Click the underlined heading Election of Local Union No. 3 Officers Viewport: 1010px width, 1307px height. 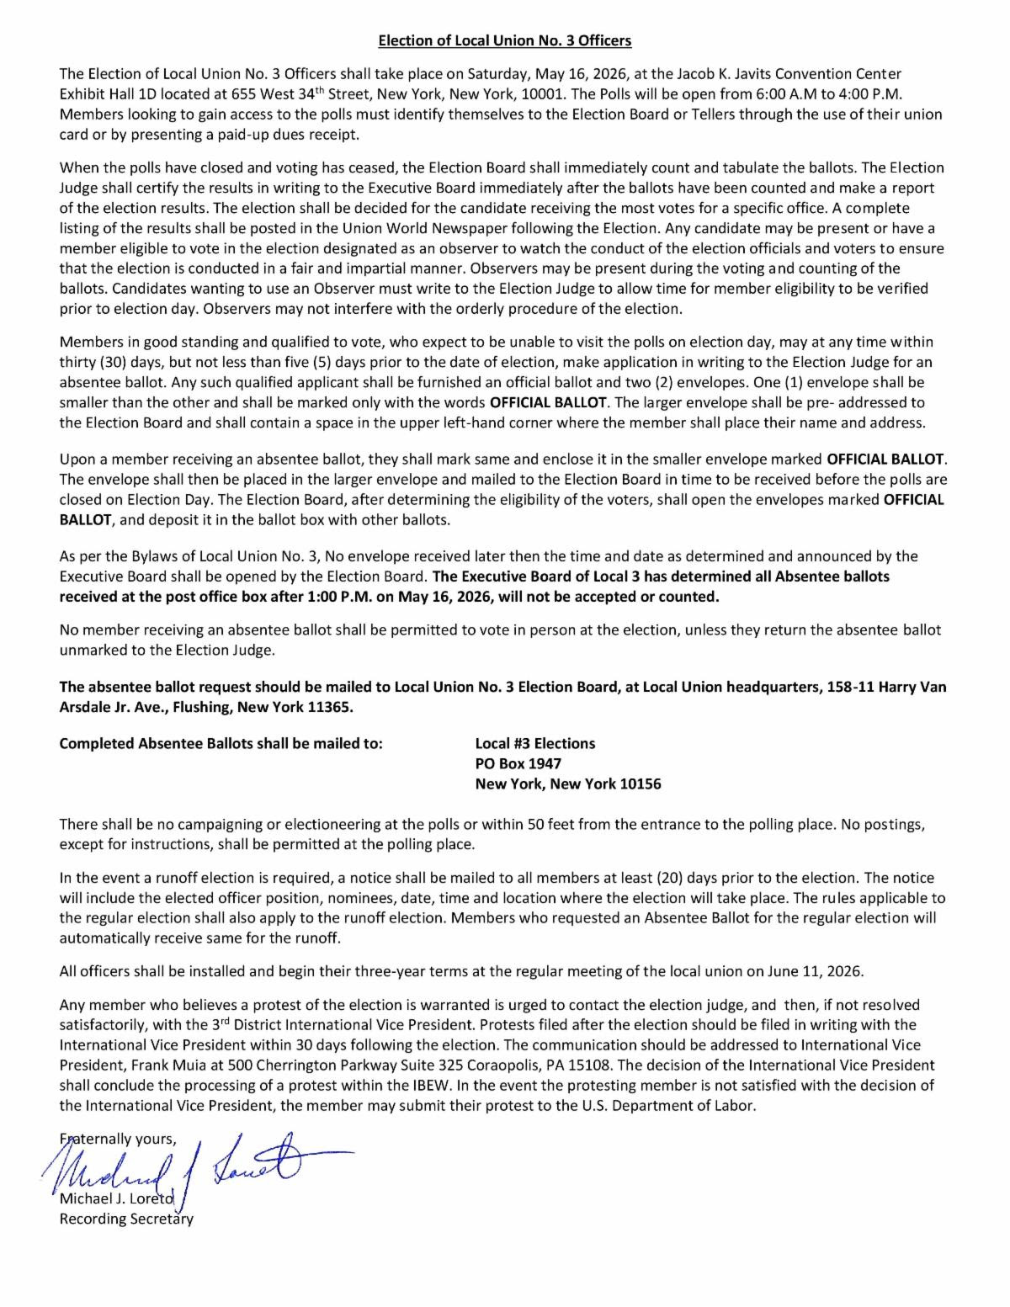click(504, 40)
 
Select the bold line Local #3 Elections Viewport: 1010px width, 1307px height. click(534, 743)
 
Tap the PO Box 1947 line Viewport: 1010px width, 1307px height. click(518, 763)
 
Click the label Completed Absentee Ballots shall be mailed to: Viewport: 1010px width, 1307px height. click(221, 743)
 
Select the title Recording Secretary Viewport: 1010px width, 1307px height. click(126, 1219)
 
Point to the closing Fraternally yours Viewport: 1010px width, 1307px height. click(118, 1140)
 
